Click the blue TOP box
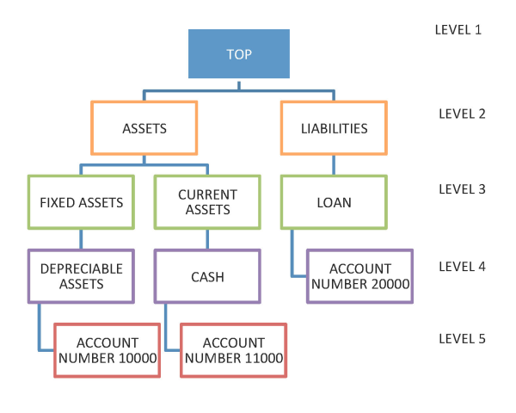click(239, 54)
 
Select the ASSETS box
click(144, 129)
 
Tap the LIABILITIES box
click(334, 129)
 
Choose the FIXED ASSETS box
click(81, 203)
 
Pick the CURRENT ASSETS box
click(207, 203)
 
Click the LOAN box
click(334, 203)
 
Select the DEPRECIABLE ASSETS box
click(81, 276)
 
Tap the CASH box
click(207, 276)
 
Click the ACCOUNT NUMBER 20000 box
click(360, 276)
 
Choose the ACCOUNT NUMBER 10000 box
click(107, 350)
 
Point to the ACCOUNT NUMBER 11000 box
click(233, 350)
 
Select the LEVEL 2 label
click(462, 114)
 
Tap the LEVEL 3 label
click(462, 188)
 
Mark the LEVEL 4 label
click(462, 266)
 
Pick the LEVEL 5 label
click(462, 338)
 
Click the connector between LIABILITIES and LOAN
click(334, 166)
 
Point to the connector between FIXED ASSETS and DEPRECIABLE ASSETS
click(81, 240)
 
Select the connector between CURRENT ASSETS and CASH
click(207, 240)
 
